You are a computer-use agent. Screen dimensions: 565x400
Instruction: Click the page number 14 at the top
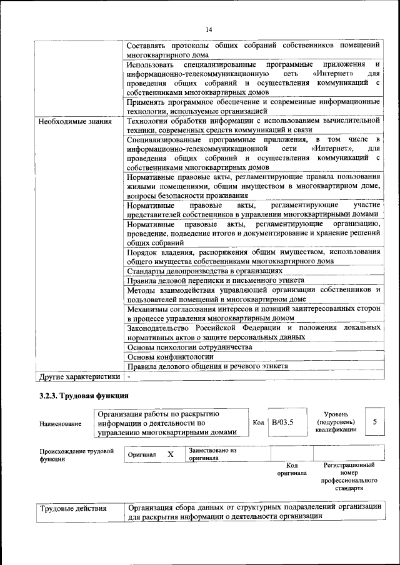[209, 29]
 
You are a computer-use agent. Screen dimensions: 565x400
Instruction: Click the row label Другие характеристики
[79, 377]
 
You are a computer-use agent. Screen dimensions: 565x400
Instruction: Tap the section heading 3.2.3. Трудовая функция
[84, 396]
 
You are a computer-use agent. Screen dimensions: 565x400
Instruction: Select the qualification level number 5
[374, 422]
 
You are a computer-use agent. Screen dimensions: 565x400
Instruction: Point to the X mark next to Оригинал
[170, 454]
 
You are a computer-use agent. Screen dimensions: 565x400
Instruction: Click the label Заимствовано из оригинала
[212, 454]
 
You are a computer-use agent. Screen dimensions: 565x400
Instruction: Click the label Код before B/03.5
[258, 423]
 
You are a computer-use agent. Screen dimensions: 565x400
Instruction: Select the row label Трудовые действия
[72, 509]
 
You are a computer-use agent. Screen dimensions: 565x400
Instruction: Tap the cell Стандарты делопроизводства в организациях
[204, 272]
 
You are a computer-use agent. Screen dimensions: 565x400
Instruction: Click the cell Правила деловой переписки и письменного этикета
[211, 282]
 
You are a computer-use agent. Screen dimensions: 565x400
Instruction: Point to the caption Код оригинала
[291, 469]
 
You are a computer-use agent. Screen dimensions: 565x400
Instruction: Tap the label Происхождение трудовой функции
[76, 455]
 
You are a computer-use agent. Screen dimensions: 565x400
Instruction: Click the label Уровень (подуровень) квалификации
[336, 422]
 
